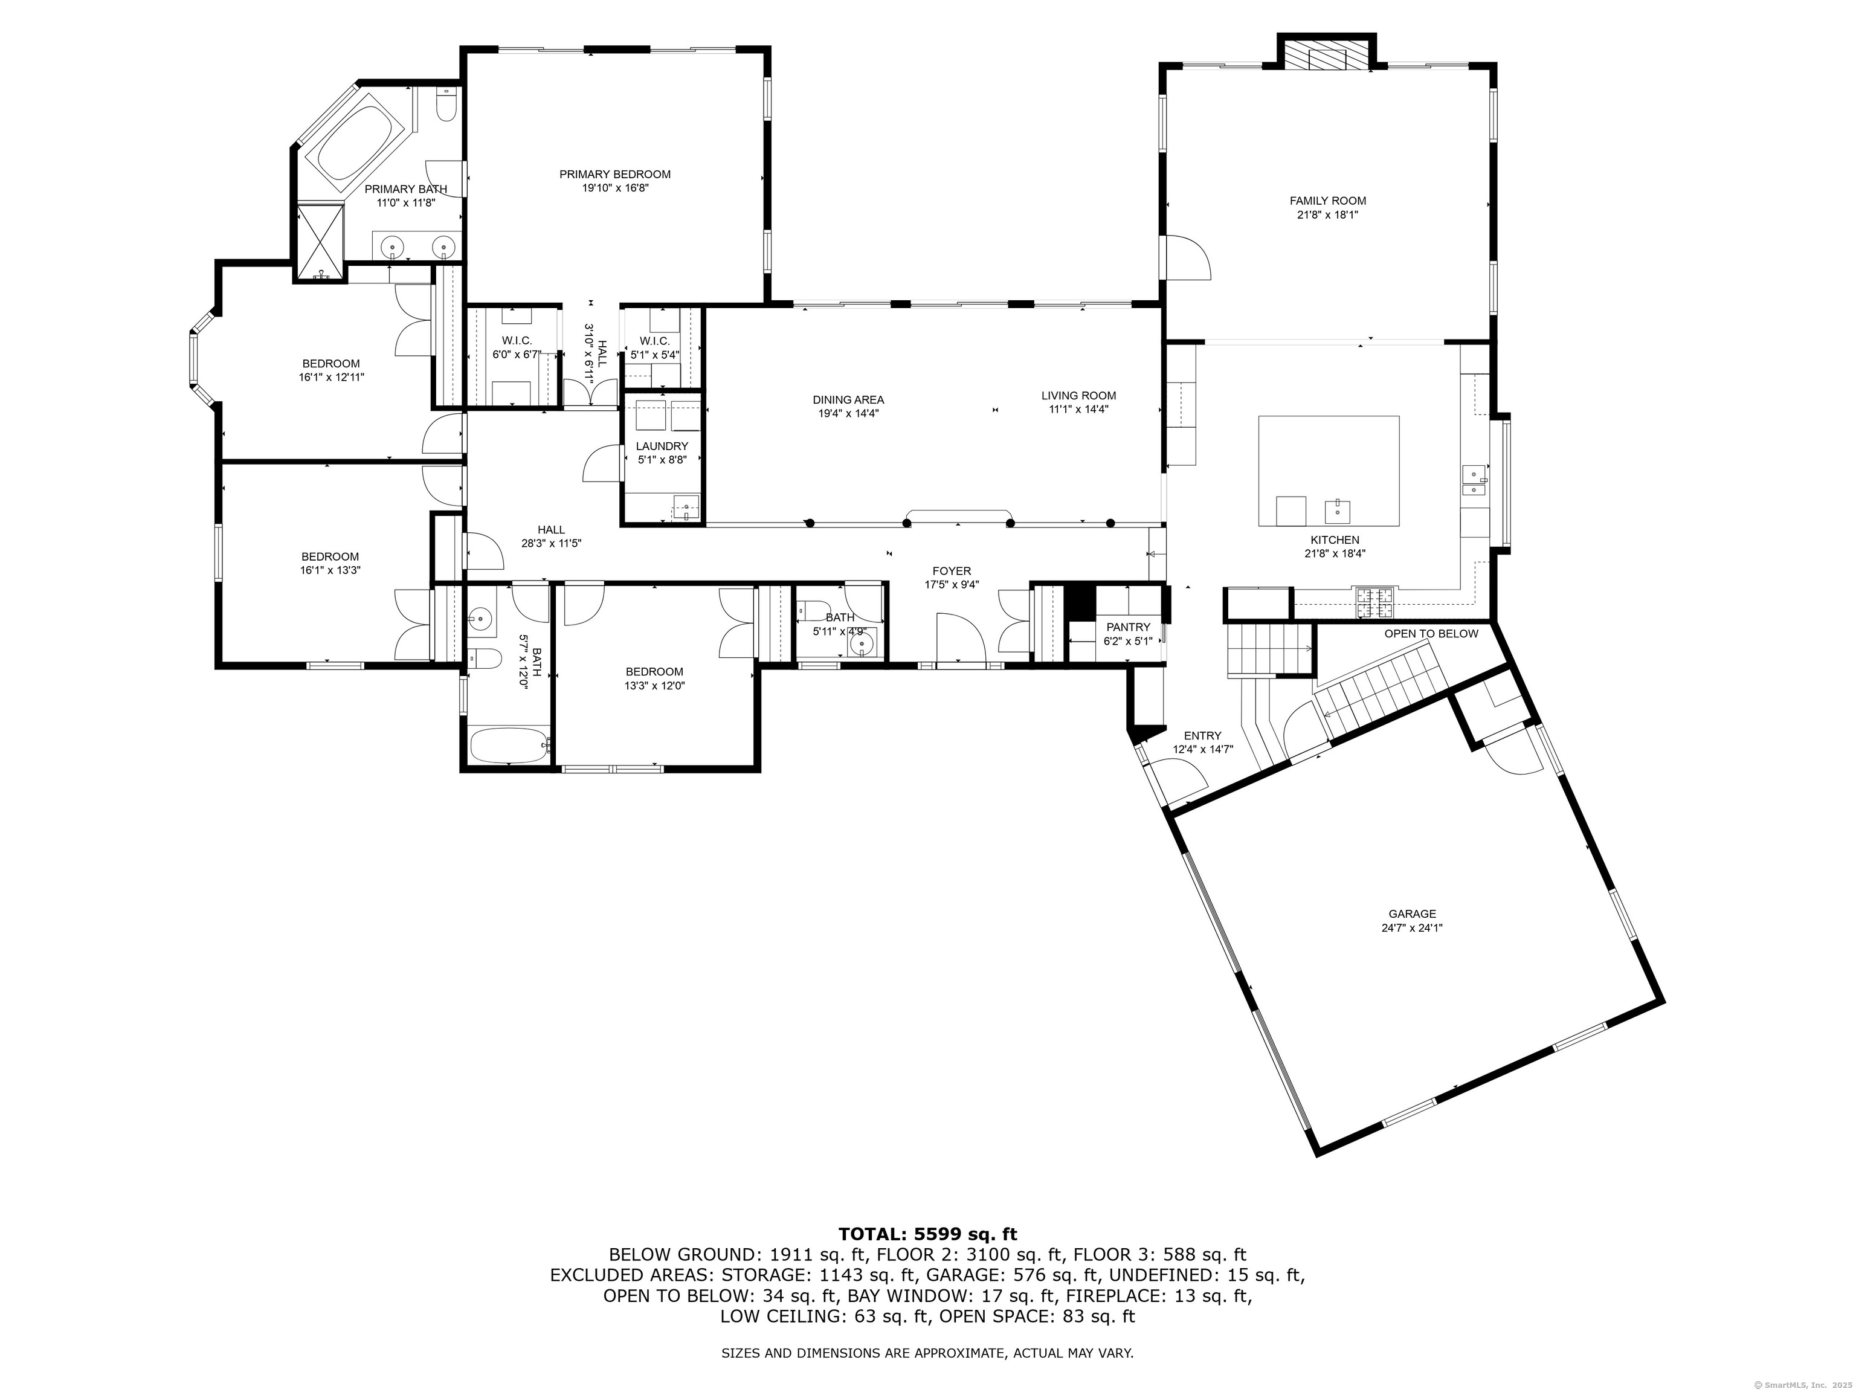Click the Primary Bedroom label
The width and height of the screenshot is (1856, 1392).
tap(615, 175)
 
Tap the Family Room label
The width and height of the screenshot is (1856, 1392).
tap(1327, 201)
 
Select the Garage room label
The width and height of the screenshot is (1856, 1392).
tap(1412, 913)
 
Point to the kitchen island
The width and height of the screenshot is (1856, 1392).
tap(1328, 471)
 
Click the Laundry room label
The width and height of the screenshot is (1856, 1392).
tap(662, 446)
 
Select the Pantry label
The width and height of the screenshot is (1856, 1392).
tap(1128, 627)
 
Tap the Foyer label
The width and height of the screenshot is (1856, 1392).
tap(952, 572)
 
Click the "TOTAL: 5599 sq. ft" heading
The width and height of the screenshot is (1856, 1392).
tap(928, 1234)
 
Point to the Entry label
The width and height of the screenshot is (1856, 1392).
tap(1202, 736)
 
